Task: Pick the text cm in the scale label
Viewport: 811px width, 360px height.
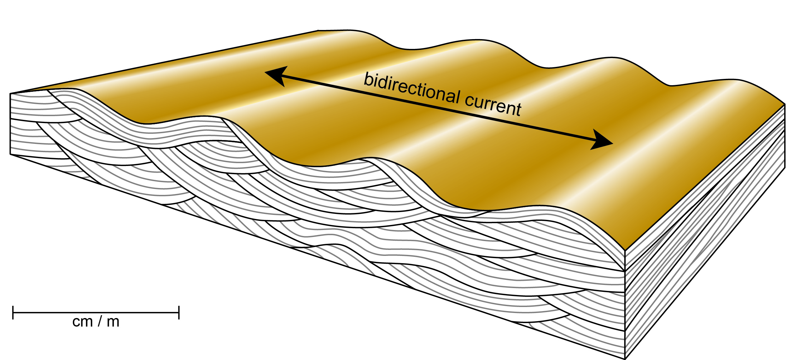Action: click(x=83, y=322)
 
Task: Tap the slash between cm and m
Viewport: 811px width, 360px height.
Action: click(x=100, y=322)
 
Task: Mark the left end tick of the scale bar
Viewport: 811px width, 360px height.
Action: click(x=13, y=312)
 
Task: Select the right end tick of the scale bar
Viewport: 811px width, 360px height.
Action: click(x=179, y=312)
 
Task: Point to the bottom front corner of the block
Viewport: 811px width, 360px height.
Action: click(x=625, y=359)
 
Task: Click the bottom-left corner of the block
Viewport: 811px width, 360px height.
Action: click(x=10, y=154)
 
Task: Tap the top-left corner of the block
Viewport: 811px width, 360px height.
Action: click(x=10, y=93)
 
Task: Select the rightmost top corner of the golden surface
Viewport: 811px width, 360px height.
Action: click(x=785, y=104)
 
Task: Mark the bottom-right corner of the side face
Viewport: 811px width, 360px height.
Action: click(x=785, y=168)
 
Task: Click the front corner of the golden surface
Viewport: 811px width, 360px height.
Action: click(x=625, y=251)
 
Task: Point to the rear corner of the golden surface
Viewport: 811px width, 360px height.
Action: click(x=318, y=31)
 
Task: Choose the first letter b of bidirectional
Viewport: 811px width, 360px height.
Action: click(x=367, y=79)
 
